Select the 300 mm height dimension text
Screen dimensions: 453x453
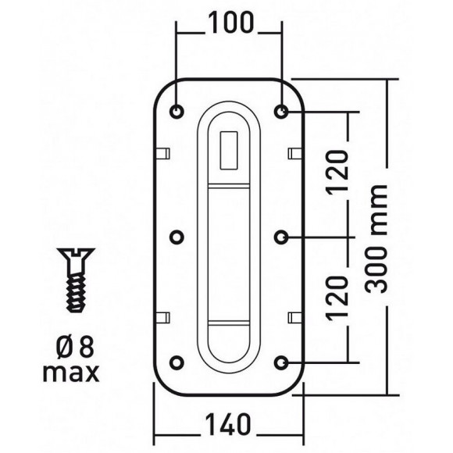coord(379,237)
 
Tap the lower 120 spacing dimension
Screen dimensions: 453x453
coord(337,299)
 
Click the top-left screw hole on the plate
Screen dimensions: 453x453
coord(177,112)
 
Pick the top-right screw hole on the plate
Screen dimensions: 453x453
coord(281,112)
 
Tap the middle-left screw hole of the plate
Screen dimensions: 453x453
coord(177,236)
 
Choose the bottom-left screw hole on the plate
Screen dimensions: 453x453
coord(177,361)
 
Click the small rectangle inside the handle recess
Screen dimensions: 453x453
coord(229,150)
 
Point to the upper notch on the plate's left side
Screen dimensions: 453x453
coord(164,152)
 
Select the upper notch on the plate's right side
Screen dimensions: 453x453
coord(295,152)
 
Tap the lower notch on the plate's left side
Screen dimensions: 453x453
coord(164,316)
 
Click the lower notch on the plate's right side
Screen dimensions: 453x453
coord(295,316)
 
